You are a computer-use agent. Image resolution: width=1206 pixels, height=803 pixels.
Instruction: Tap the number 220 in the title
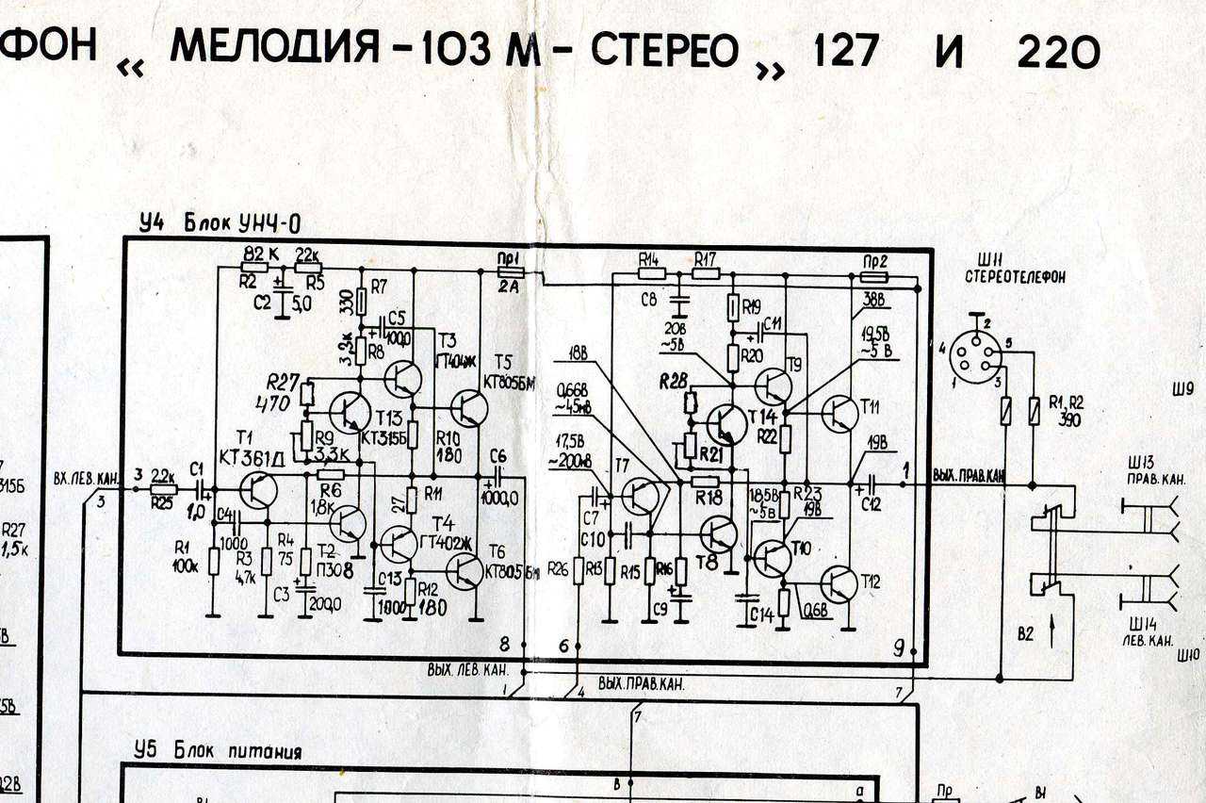(1058, 53)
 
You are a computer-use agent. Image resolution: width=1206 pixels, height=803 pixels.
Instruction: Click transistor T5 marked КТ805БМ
(468, 407)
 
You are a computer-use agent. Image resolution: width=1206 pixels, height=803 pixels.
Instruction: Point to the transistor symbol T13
(350, 412)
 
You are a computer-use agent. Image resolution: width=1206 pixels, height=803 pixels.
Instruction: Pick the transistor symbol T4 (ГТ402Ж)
(399, 544)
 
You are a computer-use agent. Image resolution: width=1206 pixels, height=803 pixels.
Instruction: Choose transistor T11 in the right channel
(839, 413)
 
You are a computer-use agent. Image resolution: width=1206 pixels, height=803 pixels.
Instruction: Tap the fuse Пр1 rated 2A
(511, 271)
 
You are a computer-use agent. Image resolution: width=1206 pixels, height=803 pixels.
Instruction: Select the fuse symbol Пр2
(874, 277)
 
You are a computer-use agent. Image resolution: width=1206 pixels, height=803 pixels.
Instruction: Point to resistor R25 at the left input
(163, 490)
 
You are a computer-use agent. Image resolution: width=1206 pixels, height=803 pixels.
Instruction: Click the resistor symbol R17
(706, 274)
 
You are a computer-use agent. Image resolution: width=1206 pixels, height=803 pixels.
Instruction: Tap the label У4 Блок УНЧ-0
(219, 223)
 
